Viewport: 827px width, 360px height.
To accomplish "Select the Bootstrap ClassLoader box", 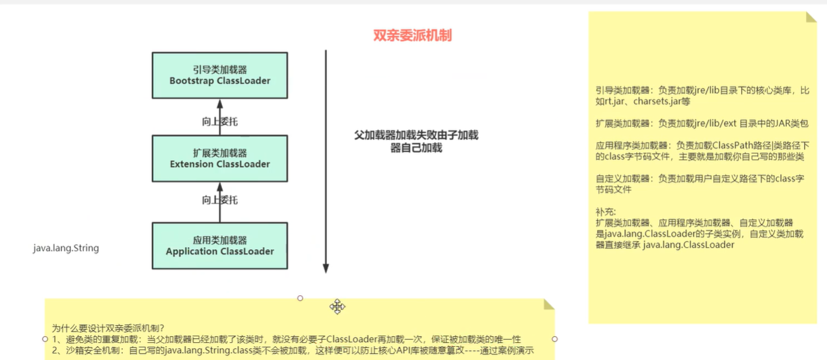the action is pyautogui.click(x=220, y=75).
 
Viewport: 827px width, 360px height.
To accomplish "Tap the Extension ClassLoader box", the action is pyautogui.click(x=220, y=159).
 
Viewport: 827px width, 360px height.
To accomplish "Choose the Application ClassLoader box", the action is pyautogui.click(x=220, y=246).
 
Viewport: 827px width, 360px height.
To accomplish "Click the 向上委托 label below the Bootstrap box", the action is pyautogui.click(x=219, y=122).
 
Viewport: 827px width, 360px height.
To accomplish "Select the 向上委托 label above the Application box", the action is pyautogui.click(x=219, y=200).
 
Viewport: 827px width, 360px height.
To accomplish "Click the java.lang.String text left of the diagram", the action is pyautogui.click(x=66, y=248).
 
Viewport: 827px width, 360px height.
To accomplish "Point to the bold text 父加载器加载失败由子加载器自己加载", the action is pyautogui.click(x=416, y=141).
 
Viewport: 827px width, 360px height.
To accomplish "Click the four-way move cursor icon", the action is pyautogui.click(x=338, y=306).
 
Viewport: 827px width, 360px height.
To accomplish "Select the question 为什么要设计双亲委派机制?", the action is pyautogui.click(x=108, y=328).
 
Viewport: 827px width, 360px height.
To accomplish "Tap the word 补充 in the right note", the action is pyautogui.click(x=605, y=212).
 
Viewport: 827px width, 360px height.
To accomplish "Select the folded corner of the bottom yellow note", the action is pyautogui.click(x=548, y=305).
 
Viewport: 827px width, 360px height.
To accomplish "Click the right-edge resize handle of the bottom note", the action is pyautogui.click(x=554, y=339).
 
